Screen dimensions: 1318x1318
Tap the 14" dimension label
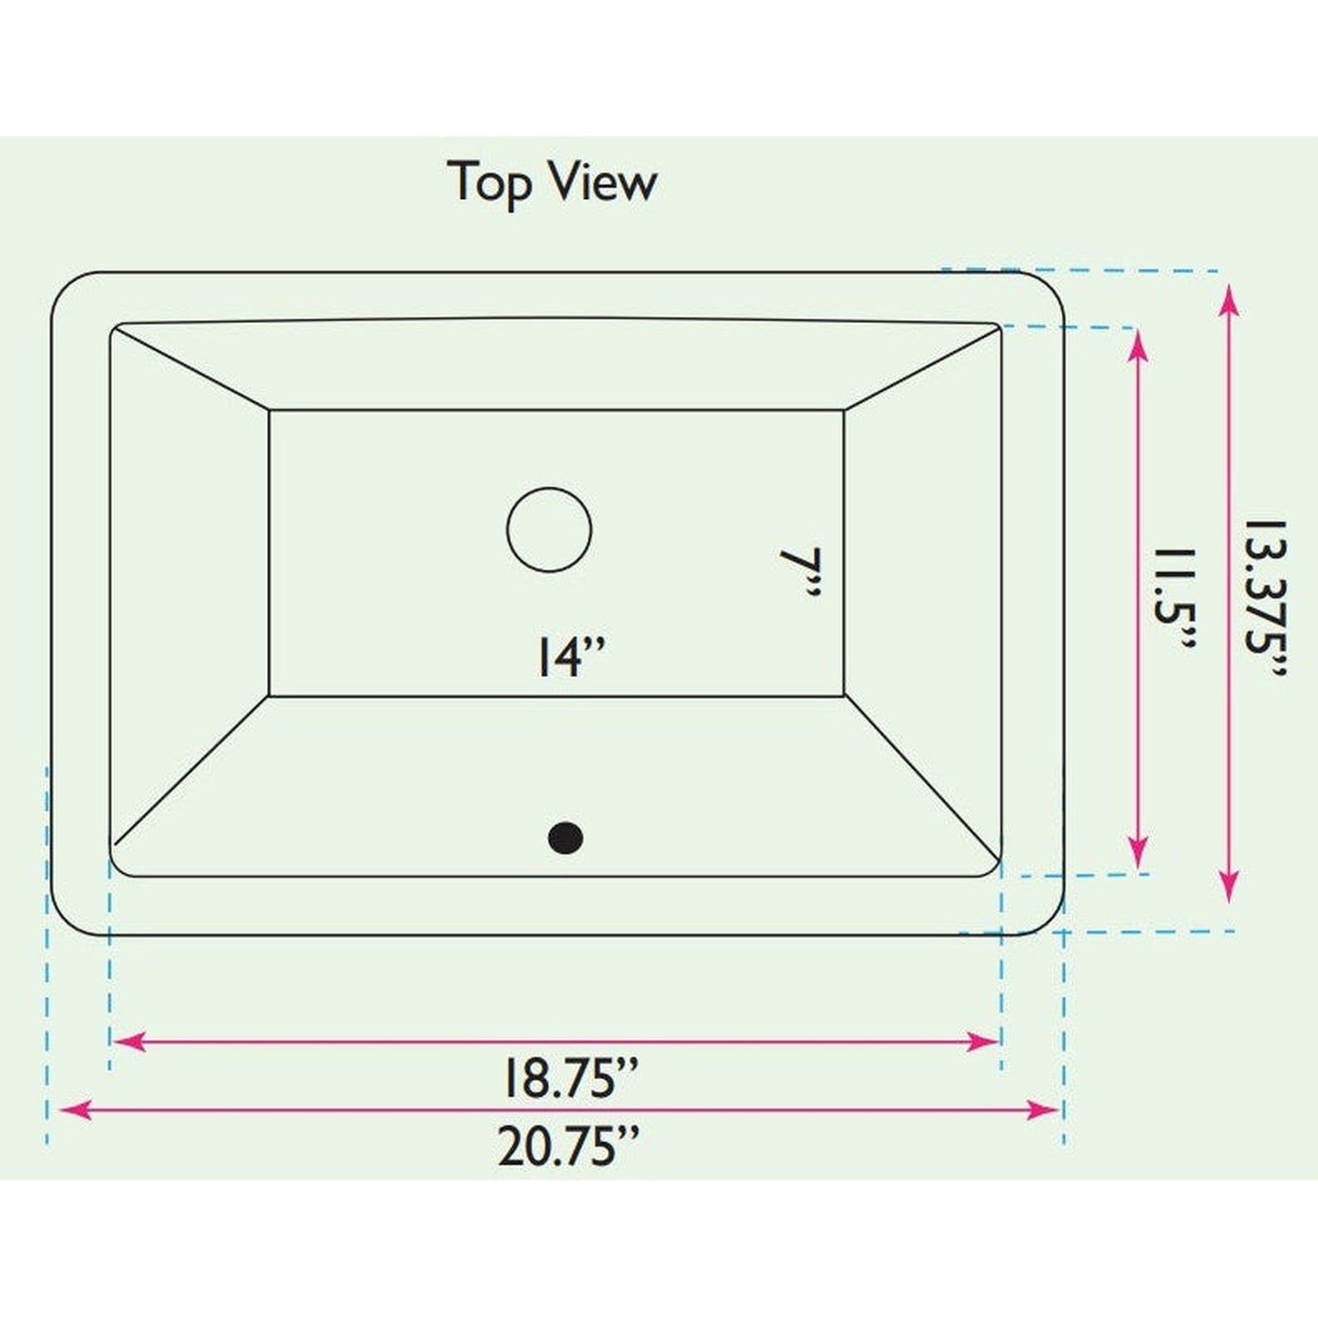coord(570,657)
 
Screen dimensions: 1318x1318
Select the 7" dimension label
coord(801,573)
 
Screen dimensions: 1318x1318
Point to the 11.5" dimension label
coord(1175,598)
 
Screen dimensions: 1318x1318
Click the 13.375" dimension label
coord(1266,598)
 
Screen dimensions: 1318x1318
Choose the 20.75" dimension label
coord(567,1147)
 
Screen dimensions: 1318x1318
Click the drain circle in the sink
coord(549,530)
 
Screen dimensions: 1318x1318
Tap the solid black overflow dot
coord(566,838)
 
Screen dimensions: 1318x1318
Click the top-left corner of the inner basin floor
coord(271,410)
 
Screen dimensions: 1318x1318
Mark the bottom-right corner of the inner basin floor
coord(844,696)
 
